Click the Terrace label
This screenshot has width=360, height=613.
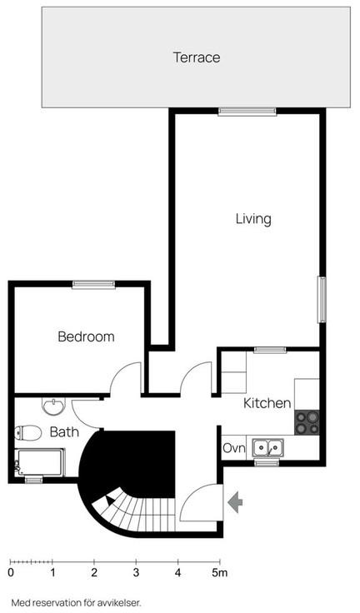[x=197, y=57]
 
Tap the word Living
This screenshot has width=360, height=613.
[x=253, y=219]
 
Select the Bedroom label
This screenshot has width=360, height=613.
[x=86, y=336]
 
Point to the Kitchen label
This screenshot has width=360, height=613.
[x=267, y=403]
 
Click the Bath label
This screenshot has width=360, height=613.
[x=64, y=432]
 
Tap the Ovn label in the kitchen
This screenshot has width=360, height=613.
[x=234, y=448]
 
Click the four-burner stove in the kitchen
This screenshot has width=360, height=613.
[x=307, y=422]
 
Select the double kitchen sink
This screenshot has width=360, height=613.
[x=268, y=447]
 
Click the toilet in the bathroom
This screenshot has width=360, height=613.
[x=27, y=433]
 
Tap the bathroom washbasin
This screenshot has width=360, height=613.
[x=53, y=406]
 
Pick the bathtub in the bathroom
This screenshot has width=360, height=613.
[x=39, y=463]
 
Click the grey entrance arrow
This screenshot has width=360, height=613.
[x=235, y=502]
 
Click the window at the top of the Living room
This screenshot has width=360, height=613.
[x=247, y=112]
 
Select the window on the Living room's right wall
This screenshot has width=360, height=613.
[x=322, y=300]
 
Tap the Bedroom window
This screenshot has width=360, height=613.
[x=93, y=285]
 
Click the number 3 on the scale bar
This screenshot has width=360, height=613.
[x=136, y=573]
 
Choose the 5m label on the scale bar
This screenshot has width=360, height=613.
[x=219, y=573]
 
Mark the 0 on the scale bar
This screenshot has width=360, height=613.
[x=11, y=573]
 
